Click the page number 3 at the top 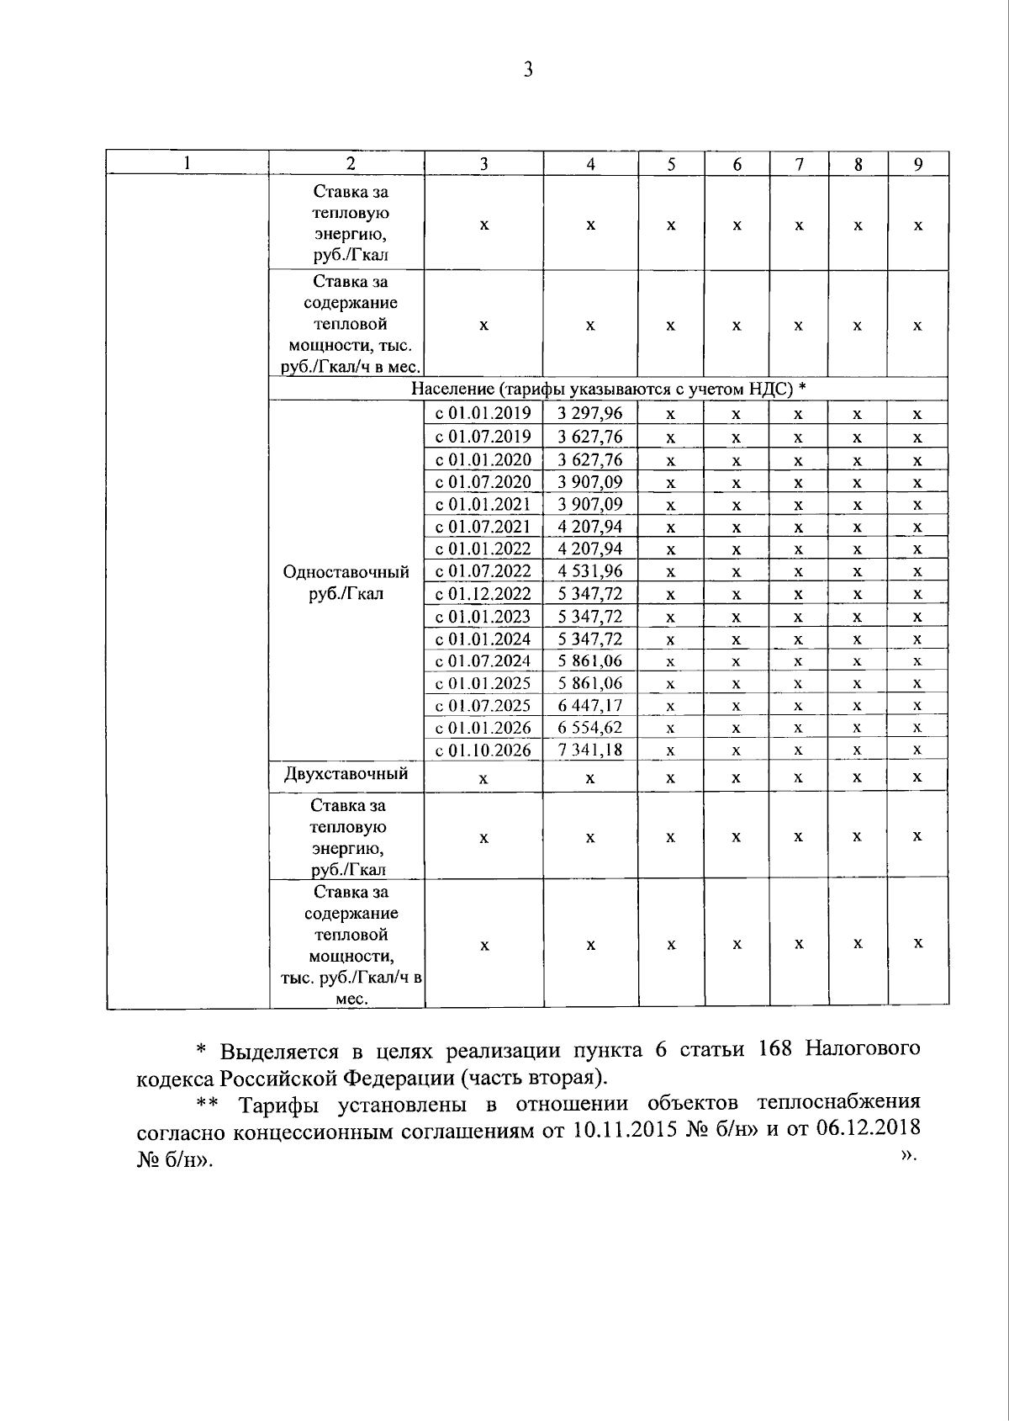click(x=528, y=70)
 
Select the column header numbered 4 click(x=590, y=165)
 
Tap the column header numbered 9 click(x=918, y=165)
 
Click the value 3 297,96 click(x=590, y=413)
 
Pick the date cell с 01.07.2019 click(x=483, y=436)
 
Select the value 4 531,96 click(x=590, y=571)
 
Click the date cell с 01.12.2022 click(x=483, y=594)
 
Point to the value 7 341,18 click(x=590, y=750)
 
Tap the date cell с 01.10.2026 click(x=483, y=750)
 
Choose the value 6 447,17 click(x=590, y=705)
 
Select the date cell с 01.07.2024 click(x=483, y=660)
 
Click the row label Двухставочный click(x=346, y=773)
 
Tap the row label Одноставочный click(x=346, y=572)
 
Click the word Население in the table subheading click(x=452, y=389)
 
